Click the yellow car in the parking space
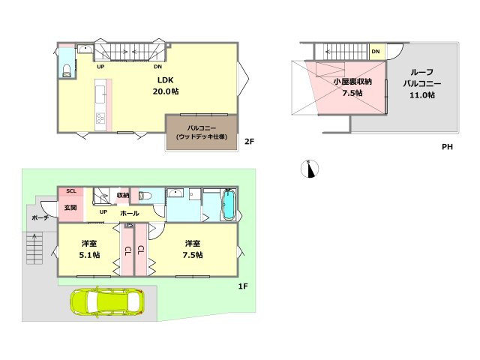107,301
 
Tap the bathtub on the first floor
228,205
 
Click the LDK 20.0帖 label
166,85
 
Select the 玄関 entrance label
70,208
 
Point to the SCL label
71,191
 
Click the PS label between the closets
130,225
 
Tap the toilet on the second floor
67,70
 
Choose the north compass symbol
310,169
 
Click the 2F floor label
250,142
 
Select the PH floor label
447,147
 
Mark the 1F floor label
243,286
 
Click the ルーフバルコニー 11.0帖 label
422,83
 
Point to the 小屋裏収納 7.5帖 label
352,87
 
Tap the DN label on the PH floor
376,52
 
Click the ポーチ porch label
40,218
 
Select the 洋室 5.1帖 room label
89,249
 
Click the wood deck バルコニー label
202,133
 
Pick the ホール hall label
130,213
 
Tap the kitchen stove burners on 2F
100,118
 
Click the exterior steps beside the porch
34,248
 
